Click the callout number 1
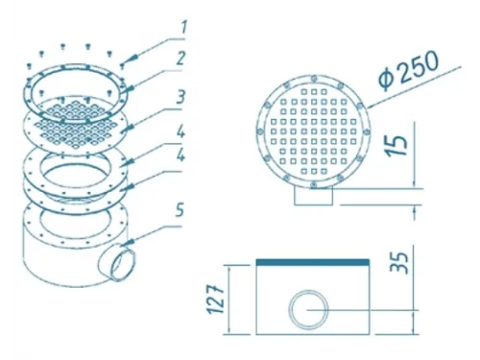coord(183,27)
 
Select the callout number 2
coord(180,59)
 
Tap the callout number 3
coord(180,96)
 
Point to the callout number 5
coord(180,210)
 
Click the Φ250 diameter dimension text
coord(408,71)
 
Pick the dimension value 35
coord(398,262)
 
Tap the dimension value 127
coord(215,299)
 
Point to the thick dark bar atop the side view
coord(313,262)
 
